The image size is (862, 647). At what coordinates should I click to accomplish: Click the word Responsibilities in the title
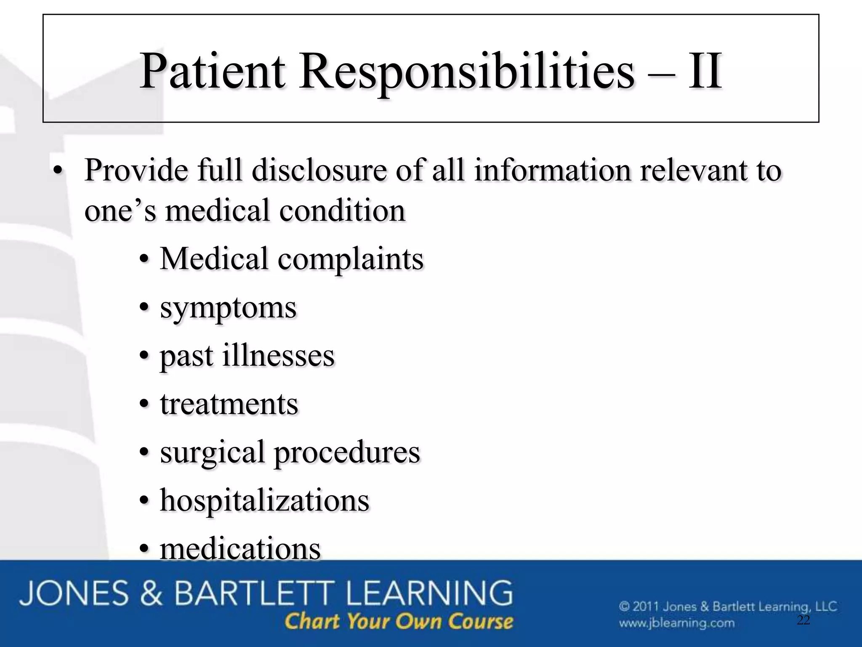click(466, 72)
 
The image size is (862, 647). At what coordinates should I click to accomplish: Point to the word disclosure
click(319, 171)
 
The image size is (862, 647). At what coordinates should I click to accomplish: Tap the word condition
click(342, 211)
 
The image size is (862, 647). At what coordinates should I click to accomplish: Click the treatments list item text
click(229, 404)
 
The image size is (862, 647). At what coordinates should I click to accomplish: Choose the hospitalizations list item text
click(264, 501)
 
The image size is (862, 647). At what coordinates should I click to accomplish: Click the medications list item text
click(240, 549)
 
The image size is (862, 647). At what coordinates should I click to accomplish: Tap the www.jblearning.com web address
click(676, 623)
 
